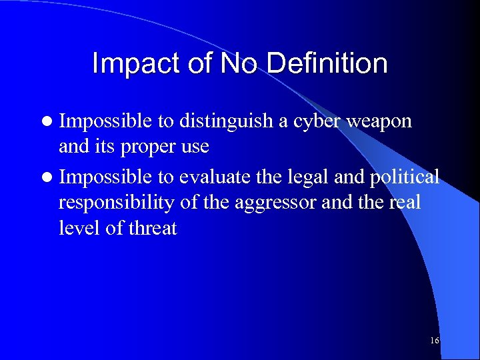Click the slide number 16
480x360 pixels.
435,341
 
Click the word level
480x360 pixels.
77,228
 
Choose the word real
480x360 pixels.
404,202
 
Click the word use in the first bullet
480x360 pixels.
194,147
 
